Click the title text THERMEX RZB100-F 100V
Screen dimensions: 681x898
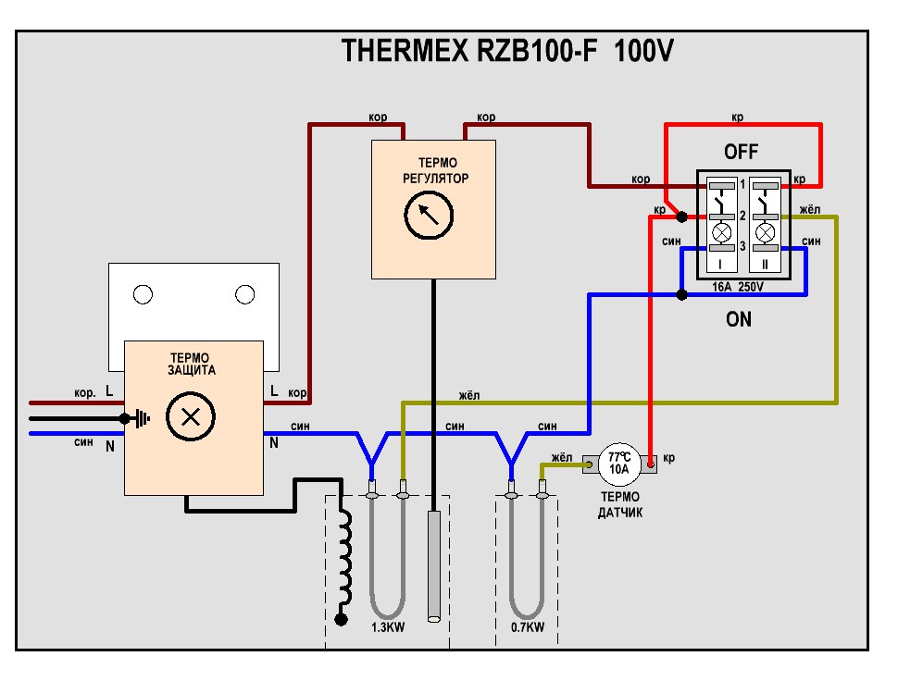click(507, 51)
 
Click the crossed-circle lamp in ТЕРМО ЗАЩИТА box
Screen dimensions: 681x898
click(191, 415)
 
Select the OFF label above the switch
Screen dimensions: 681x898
click(741, 153)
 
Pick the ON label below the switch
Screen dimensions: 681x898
click(739, 320)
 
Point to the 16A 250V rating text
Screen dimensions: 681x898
click(738, 288)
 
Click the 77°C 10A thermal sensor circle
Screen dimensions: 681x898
click(619, 463)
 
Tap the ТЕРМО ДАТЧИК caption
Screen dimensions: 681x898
click(620, 504)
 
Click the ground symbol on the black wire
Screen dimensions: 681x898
click(139, 418)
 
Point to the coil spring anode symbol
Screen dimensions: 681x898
click(344, 564)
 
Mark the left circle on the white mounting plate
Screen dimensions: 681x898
click(143, 294)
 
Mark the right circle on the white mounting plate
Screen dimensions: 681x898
click(244, 294)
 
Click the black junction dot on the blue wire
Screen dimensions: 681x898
click(681, 295)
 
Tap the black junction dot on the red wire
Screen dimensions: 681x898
click(681, 217)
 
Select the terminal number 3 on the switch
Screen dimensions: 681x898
click(742, 246)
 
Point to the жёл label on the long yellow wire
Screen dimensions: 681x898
click(469, 396)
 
